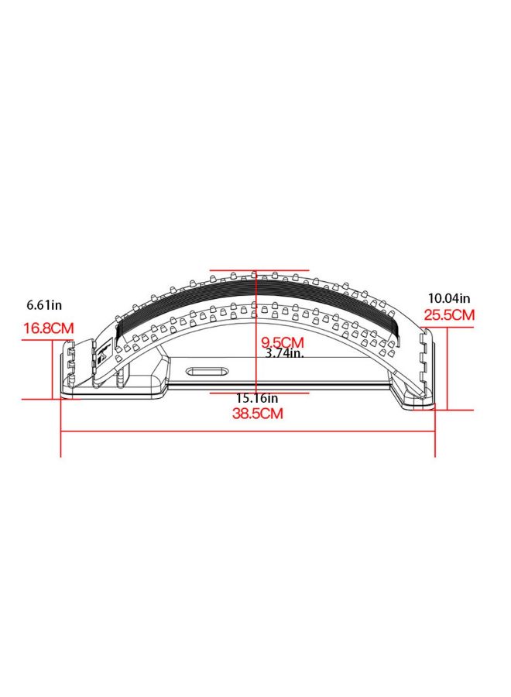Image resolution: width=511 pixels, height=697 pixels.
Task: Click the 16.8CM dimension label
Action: [x=48, y=328]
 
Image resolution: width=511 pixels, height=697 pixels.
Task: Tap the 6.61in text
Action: [x=44, y=305]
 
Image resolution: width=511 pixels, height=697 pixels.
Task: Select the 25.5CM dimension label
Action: [x=449, y=315]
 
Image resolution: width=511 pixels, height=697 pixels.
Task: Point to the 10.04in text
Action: [x=449, y=298]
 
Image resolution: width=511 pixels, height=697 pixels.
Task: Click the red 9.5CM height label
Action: [x=281, y=342]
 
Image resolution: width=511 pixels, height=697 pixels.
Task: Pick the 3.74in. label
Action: [x=284, y=353]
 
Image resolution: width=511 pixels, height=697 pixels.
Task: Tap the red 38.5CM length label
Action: [x=258, y=414]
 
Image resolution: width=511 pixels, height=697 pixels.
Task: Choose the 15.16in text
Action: [x=257, y=398]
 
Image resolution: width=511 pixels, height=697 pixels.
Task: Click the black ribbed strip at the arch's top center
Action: [x=256, y=294]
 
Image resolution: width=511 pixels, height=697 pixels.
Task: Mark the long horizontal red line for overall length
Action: [x=248, y=431]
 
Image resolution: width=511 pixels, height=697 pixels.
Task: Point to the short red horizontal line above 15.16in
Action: [x=259, y=392]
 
